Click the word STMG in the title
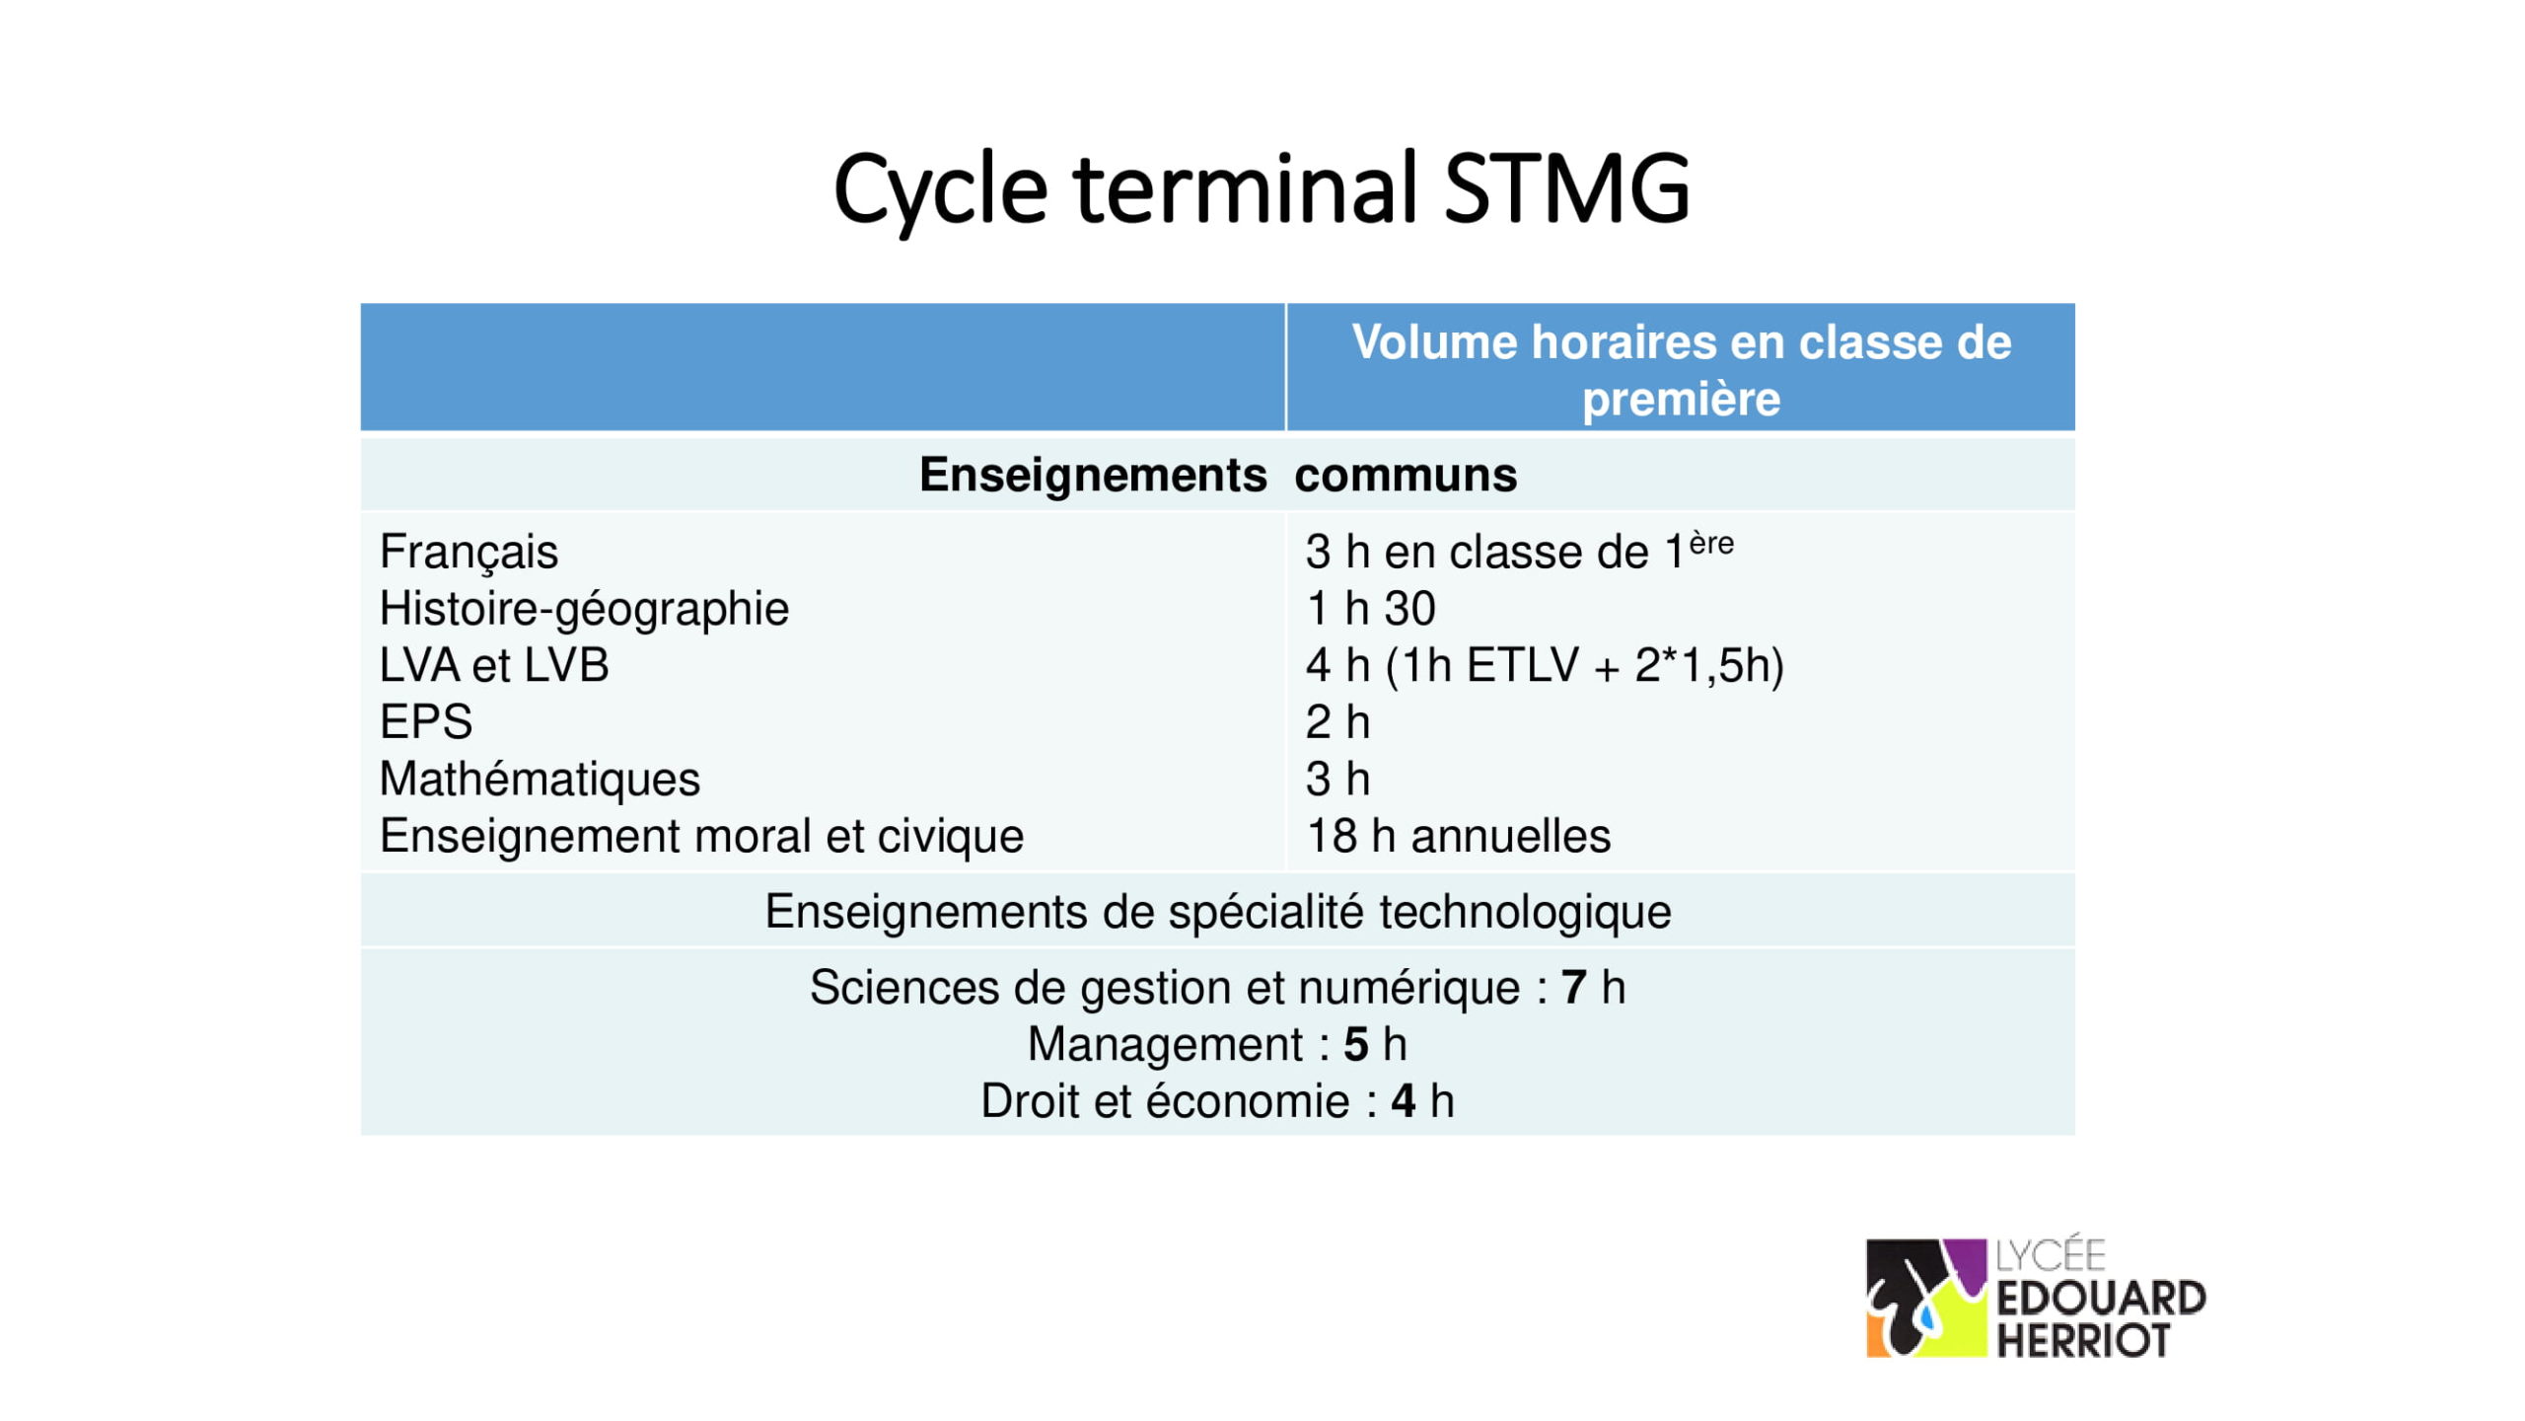click(x=1567, y=187)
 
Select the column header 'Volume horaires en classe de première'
click(x=1681, y=370)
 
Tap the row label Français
click(x=469, y=552)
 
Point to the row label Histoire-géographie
click(x=584, y=609)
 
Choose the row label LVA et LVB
click(x=494, y=665)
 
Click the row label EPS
click(x=426, y=722)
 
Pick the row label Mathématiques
click(x=540, y=780)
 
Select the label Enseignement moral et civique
click(x=701, y=837)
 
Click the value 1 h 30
click(x=1370, y=609)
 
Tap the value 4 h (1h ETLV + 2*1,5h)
click(x=1545, y=666)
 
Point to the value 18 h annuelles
click(x=1458, y=837)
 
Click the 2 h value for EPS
click(x=1337, y=722)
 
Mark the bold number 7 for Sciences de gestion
click(x=1573, y=988)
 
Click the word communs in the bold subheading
click(x=1406, y=476)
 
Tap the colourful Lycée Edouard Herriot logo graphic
click(x=1925, y=1298)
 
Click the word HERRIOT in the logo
click(x=2083, y=1340)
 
